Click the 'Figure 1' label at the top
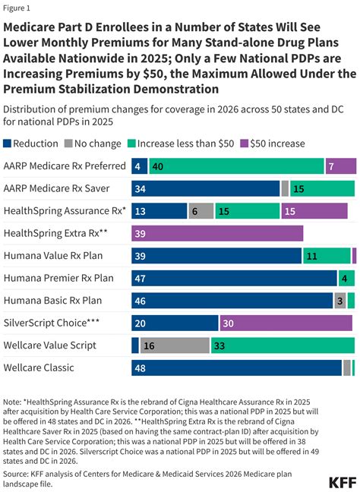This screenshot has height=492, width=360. (x=17, y=8)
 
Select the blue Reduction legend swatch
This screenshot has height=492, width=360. (x=8, y=142)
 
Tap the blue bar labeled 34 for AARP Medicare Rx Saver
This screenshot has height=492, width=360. (x=206, y=188)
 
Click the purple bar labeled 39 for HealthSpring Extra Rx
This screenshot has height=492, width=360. (x=217, y=233)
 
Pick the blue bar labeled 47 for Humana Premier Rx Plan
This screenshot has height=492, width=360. (x=234, y=279)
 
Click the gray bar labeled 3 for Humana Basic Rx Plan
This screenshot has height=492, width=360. (x=340, y=301)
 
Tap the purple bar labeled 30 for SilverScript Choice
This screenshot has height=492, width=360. (x=286, y=323)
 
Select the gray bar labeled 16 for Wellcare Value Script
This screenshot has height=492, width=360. (x=174, y=345)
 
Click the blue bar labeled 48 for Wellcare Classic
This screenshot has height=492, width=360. (x=236, y=368)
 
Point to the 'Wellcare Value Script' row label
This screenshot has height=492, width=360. (x=49, y=345)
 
